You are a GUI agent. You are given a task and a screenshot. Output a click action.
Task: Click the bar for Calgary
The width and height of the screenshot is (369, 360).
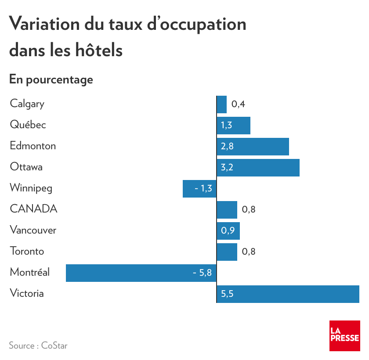[x=221, y=104]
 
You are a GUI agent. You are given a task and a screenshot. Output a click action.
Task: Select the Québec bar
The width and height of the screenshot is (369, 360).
[x=233, y=125]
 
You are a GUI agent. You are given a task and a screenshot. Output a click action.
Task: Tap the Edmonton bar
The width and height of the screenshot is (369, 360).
[x=253, y=146]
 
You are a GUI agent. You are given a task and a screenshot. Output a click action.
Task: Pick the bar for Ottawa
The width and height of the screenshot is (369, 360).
[x=258, y=167]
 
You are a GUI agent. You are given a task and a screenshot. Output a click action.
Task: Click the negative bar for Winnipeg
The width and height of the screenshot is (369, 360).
[x=199, y=188]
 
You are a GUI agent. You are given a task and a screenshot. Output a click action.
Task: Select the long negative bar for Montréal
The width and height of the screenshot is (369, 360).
[x=141, y=273]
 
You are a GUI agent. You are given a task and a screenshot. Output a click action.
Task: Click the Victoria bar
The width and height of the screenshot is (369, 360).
[x=288, y=294]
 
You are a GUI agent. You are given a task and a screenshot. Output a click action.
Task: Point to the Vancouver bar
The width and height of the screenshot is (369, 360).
[x=228, y=230]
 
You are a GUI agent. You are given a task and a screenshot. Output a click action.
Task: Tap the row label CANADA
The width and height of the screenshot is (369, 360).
[x=33, y=209]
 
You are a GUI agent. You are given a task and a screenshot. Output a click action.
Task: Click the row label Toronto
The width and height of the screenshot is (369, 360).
[x=27, y=251]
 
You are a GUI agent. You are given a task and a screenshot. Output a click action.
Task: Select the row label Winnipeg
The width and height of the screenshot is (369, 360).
[x=31, y=188]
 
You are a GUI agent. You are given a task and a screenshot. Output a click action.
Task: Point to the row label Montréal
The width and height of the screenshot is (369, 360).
[x=29, y=272]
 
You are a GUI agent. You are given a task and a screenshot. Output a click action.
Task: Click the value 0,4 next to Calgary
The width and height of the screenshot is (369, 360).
[x=238, y=104]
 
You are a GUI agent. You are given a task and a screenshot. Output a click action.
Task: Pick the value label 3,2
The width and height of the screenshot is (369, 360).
[x=227, y=167]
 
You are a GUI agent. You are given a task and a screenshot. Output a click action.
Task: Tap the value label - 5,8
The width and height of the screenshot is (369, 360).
[x=202, y=273]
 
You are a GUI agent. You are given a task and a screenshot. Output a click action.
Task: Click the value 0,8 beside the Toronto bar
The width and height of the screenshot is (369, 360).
[x=249, y=252]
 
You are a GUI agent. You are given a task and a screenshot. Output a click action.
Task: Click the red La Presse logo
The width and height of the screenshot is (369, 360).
[x=344, y=336]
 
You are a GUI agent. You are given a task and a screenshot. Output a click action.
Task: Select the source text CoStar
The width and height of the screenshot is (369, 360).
[x=54, y=346]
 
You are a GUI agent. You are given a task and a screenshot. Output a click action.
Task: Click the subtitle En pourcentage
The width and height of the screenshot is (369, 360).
[x=51, y=79]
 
